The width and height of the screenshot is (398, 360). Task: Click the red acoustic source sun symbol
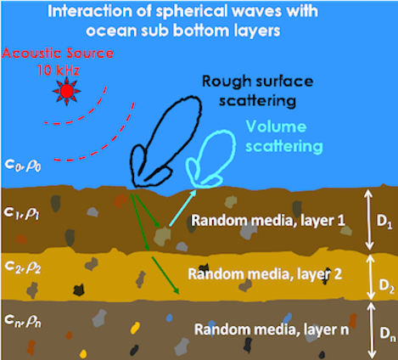(x=67, y=91)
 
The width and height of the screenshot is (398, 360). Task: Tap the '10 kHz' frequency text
(x=58, y=70)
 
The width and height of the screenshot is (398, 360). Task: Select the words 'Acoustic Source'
(x=58, y=53)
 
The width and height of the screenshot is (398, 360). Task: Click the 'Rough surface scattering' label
(x=258, y=91)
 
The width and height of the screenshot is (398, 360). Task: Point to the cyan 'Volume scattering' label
(x=284, y=137)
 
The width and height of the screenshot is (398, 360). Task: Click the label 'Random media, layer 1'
(x=268, y=220)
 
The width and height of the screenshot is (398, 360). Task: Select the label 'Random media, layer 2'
(x=265, y=274)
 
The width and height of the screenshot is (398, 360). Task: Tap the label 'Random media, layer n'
(x=272, y=329)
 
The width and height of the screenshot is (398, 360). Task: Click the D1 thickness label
(x=384, y=222)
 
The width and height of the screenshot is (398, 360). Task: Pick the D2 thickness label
(x=386, y=286)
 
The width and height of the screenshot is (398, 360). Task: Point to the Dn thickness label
(x=388, y=334)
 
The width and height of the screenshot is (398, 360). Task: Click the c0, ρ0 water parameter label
(x=23, y=166)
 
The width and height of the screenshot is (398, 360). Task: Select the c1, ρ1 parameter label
(x=22, y=213)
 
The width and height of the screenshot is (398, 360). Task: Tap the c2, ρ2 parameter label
(x=23, y=267)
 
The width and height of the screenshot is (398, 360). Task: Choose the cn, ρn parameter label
(x=23, y=321)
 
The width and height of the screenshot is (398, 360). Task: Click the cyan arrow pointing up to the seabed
(x=182, y=208)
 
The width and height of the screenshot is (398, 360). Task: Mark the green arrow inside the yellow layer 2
(x=165, y=275)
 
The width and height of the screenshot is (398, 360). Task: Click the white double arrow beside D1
(x=368, y=220)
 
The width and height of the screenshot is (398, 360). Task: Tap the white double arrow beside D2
(x=370, y=277)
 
